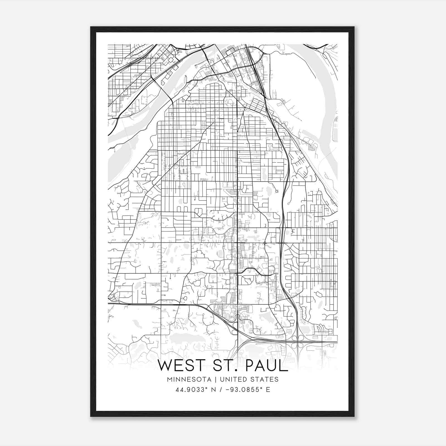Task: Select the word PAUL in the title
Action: pyautogui.click(x=266, y=365)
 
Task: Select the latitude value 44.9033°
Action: pyautogui.click(x=190, y=389)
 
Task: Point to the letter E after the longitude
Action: pyautogui.click(x=268, y=389)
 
